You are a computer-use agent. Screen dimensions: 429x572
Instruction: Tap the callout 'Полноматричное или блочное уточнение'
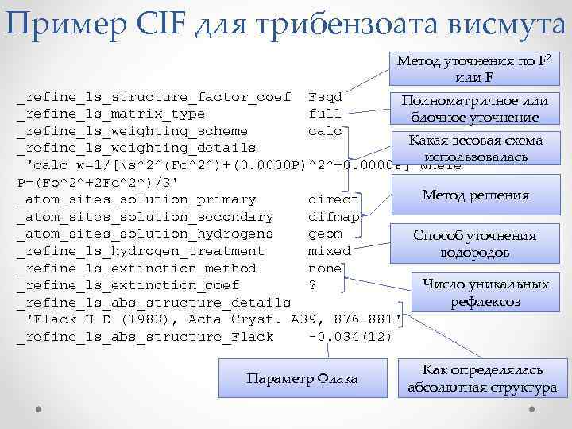click(475, 110)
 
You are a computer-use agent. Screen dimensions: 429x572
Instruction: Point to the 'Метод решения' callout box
click(476, 195)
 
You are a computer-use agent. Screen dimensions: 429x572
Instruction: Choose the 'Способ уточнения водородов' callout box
click(474, 244)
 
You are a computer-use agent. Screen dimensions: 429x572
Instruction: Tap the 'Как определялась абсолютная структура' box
click(482, 379)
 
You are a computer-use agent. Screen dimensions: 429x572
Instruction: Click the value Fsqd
click(325, 97)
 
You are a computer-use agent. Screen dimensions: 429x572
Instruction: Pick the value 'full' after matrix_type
click(325, 114)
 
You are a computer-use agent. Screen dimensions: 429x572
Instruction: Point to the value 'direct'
click(333, 199)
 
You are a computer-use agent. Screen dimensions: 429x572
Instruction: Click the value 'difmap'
click(333, 216)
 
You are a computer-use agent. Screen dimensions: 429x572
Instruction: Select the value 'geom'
click(325, 234)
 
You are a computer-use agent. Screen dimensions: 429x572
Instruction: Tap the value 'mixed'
click(329, 251)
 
